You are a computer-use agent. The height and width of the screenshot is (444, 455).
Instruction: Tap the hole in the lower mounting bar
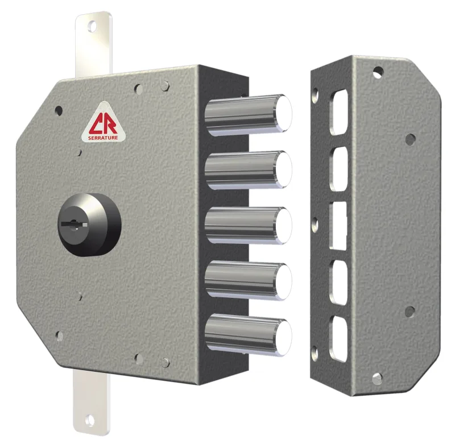coord(89,420)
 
